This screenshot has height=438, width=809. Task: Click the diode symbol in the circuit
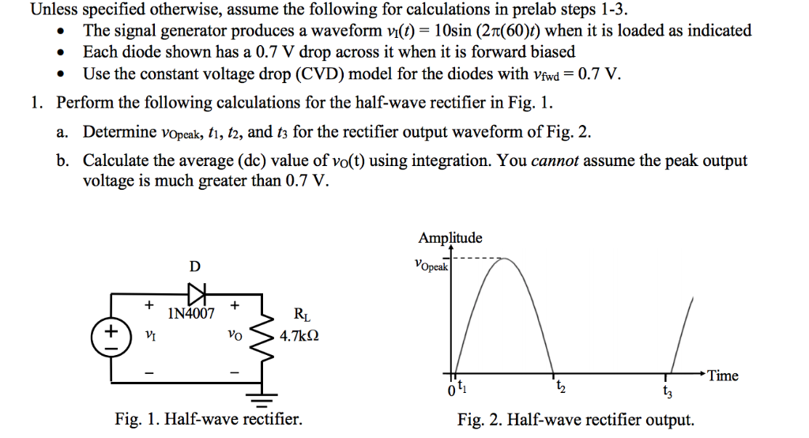[195, 292]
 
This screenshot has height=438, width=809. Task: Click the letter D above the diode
[194, 266]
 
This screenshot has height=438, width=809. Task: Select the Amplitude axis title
[450, 238]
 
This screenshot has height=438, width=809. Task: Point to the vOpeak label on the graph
[430, 265]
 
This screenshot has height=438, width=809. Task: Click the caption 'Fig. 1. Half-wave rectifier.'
[209, 420]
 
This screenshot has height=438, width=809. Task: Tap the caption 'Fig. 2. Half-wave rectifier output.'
[576, 420]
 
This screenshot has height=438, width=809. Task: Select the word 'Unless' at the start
[51, 10]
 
